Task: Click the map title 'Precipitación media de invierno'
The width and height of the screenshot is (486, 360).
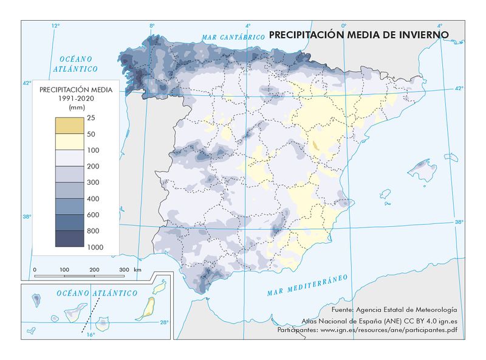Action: (358, 35)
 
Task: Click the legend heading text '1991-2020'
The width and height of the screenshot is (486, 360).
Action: (76, 99)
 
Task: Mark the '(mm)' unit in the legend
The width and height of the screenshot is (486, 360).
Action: (76, 107)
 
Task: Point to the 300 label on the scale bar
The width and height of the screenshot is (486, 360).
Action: (124, 269)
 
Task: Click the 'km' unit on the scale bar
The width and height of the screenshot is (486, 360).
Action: (138, 269)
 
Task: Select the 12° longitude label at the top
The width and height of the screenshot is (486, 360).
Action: (55, 26)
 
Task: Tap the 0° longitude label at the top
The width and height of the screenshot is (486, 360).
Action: (343, 26)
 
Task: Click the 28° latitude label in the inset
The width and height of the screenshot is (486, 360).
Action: (164, 322)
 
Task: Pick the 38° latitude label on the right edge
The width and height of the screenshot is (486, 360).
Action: (459, 223)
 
